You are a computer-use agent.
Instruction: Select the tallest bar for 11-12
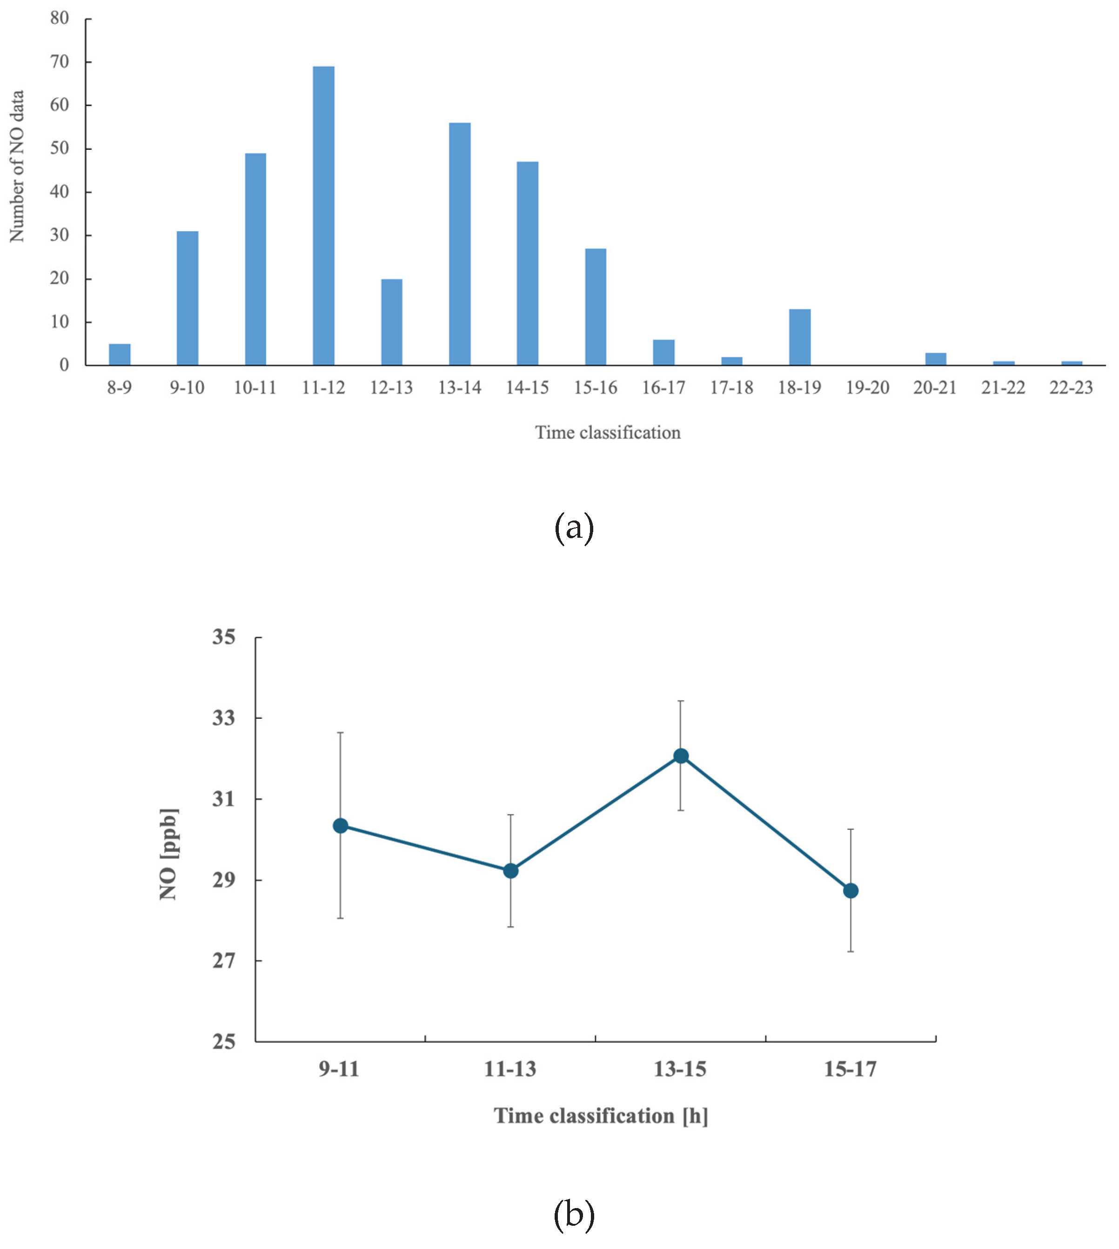(x=323, y=215)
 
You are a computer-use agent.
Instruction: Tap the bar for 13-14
(x=459, y=244)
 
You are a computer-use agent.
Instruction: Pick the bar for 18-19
(x=799, y=337)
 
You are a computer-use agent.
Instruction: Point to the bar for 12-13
(x=392, y=322)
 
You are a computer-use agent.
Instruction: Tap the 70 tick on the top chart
(x=60, y=62)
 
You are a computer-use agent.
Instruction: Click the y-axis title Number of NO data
(x=17, y=166)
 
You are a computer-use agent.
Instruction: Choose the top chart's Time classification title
(x=608, y=433)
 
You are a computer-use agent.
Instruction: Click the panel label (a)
(x=574, y=528)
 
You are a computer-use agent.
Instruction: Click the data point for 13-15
(x=681, y=756)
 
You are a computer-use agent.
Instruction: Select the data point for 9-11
(x=340, y=826)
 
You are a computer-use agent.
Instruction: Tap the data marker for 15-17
(x=851, y=891)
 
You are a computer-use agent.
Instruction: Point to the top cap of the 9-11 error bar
(x=340, y=733)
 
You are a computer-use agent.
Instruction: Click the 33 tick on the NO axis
(x=224, y=718)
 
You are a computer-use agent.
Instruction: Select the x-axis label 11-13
(x=509, y=1069)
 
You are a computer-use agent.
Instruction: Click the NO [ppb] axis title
(x=168, y=855)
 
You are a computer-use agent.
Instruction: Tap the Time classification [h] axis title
(x=601, y=1115)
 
